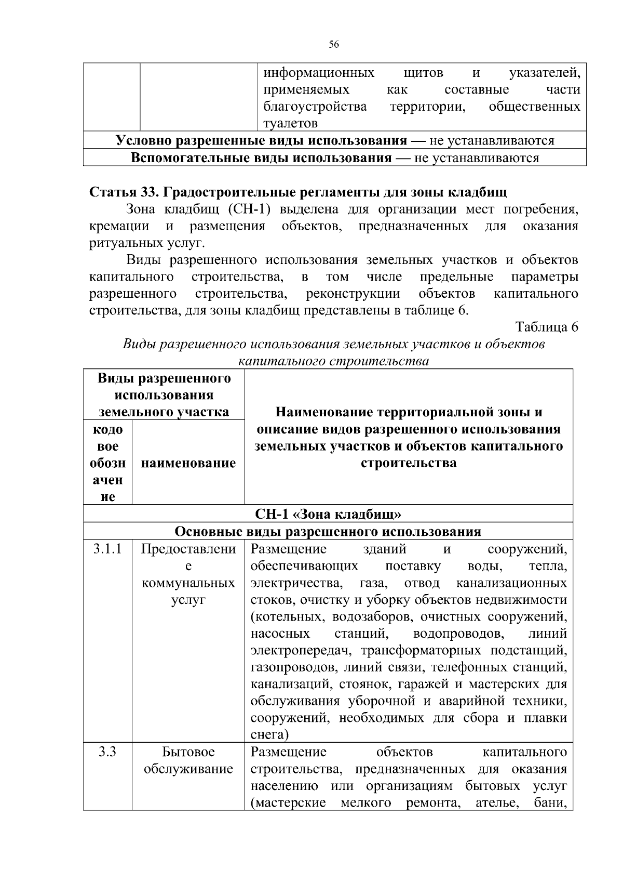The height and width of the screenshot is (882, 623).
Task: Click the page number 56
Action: pyautogui.click(x=334, y=45)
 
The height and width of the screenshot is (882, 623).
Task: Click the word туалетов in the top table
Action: pyautogui.click(x=290, y=124)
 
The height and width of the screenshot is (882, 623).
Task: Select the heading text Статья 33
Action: pyautogui.click(x=124, y=192)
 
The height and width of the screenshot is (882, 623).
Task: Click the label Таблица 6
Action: pyautogui.click(x=546, y=327)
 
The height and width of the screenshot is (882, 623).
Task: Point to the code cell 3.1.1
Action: pyautogui.click(x=107, y=549)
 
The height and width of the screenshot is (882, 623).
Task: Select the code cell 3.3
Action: pyautogui.click(x=107, y=752)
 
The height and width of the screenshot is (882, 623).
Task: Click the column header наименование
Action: pyautogui.click(x=188, y=463)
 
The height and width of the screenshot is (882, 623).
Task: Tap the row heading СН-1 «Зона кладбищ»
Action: pyautogui.click(x=328, y=514)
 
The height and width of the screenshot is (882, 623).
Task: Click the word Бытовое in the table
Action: pyautogui.click(x=188, y=752)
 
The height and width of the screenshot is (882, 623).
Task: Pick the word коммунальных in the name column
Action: pyautogui.click(x=188, y=583)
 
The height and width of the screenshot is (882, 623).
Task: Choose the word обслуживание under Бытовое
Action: pyautogui.click(x=188, y=769)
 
